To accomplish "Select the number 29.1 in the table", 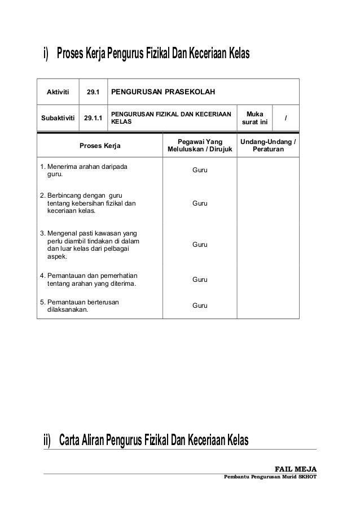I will [93, 91].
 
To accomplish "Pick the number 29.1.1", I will [93, 118].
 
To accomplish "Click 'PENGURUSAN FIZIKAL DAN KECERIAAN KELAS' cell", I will [170, 118].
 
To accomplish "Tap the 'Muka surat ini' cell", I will [254, 118].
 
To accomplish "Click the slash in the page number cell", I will [286, 118].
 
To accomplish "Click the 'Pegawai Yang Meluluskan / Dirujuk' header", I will [200, 146].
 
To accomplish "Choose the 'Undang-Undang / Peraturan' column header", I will [268, 146].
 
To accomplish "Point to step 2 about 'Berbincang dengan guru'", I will [88, 203].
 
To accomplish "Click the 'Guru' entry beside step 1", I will [200, 169].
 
